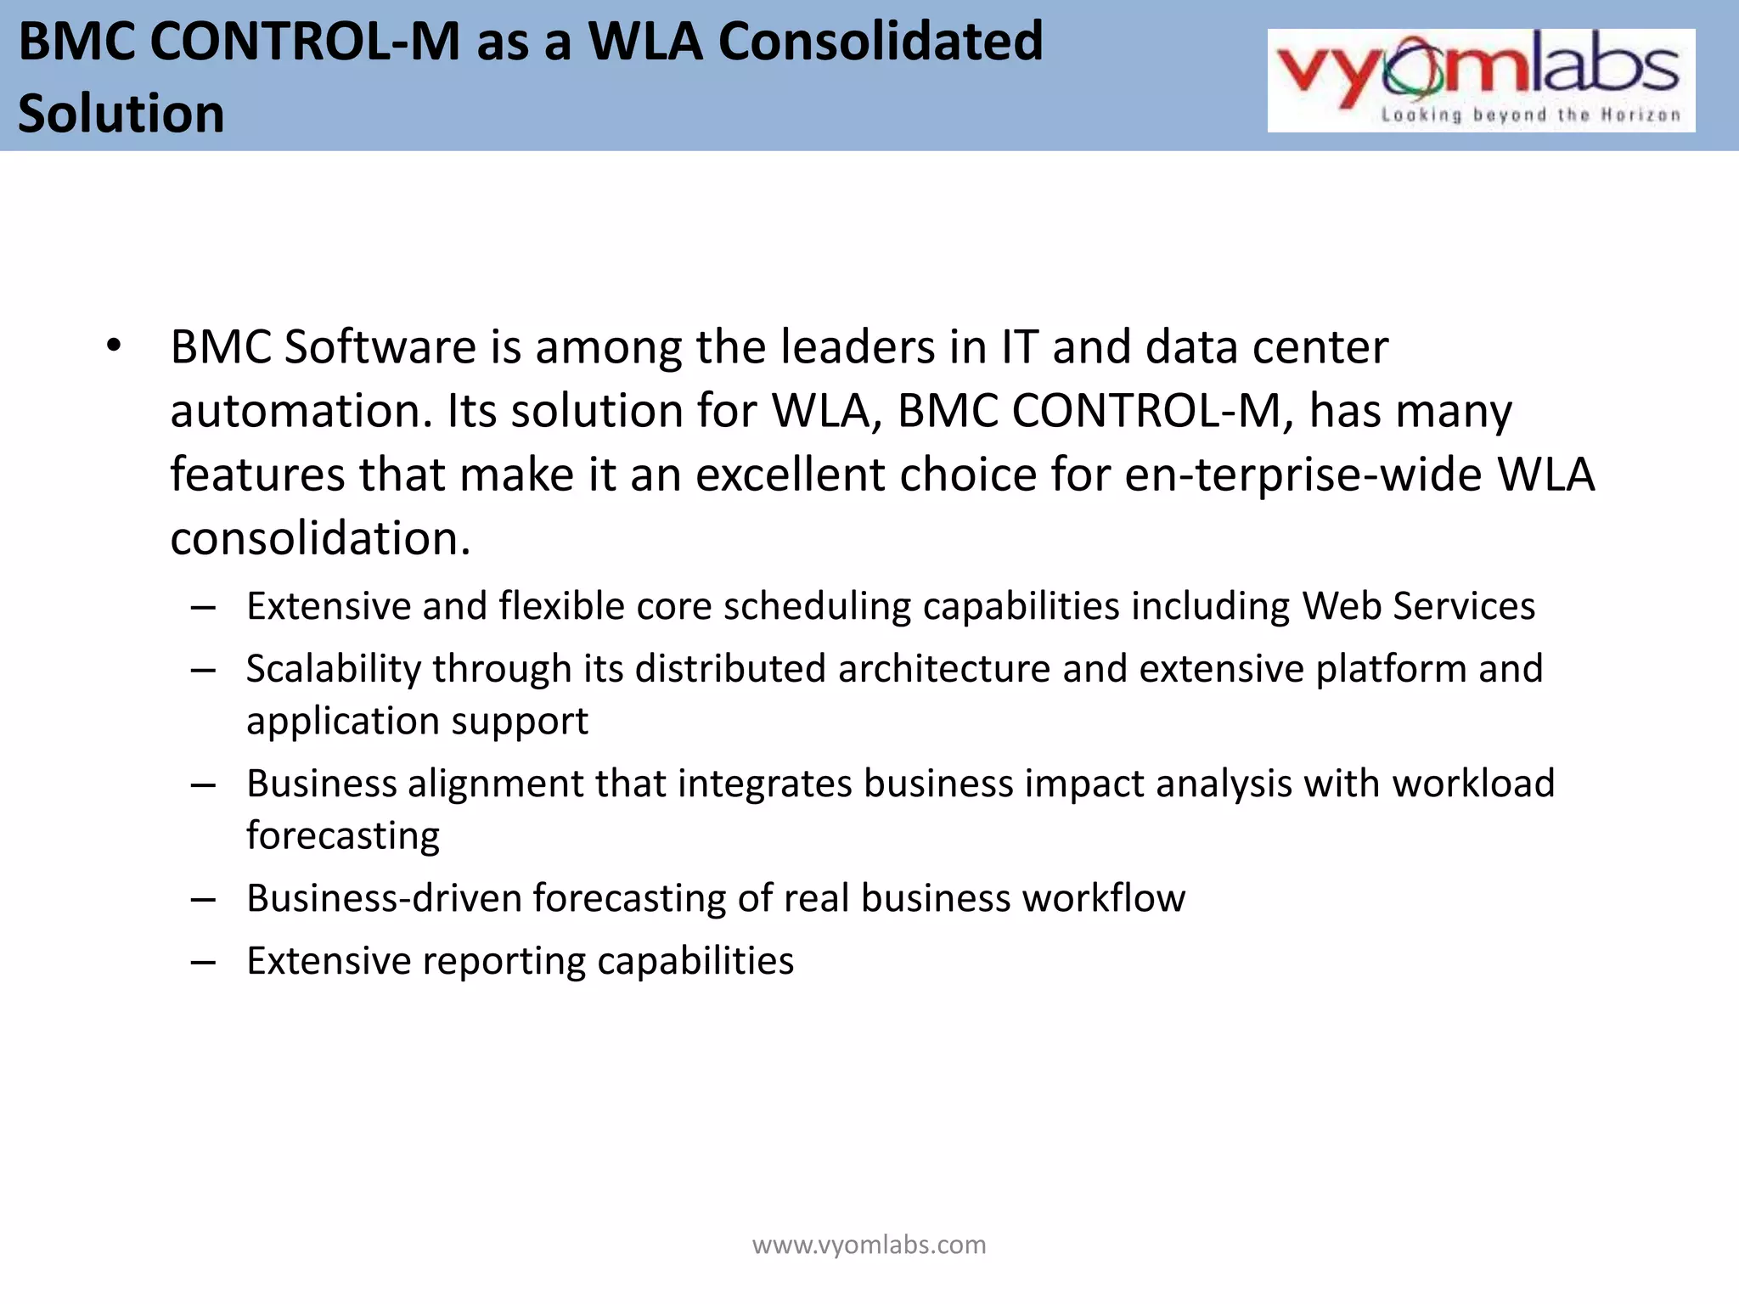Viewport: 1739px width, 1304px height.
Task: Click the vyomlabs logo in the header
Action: [1480, 80]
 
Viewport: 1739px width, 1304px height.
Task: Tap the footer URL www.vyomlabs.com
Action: [869, 1245]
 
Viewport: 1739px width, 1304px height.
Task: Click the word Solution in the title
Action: [121, 114]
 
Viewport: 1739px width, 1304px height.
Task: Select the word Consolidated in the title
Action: [881, 41]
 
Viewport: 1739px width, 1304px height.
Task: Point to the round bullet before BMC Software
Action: [115, 346]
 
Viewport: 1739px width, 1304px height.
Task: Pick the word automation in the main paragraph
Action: [295, 411]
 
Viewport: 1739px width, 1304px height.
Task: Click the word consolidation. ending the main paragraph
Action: [320, 538]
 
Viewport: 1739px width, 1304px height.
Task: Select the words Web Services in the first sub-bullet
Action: [1419, 606]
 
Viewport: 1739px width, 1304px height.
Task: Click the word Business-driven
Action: [384, 898]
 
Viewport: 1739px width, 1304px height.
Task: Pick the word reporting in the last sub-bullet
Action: [504, 961]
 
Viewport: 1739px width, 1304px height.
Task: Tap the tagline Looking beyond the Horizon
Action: [1530, 115]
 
